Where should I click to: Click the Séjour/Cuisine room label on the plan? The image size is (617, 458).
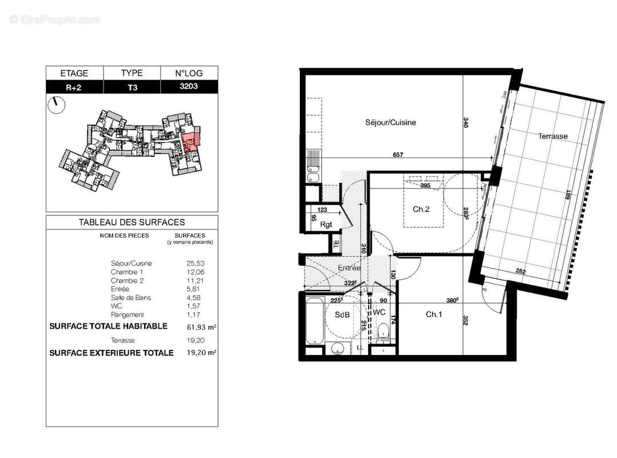coord(390,123)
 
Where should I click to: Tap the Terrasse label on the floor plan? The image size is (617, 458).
coord(552,136)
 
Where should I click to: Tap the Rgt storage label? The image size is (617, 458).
coord(326,224)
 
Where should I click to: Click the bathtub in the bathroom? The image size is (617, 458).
coord(314,321)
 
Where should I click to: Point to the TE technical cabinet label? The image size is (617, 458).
coord(336,243)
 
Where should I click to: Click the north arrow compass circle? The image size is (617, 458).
coord(57,105)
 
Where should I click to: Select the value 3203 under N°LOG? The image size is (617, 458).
coord(189,87)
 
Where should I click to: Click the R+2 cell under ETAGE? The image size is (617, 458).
coord(74,87)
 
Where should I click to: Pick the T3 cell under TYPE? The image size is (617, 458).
coord(132,87)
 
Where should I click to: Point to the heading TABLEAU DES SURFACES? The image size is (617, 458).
coord(132,222)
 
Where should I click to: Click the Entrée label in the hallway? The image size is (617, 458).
coord(349,268)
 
